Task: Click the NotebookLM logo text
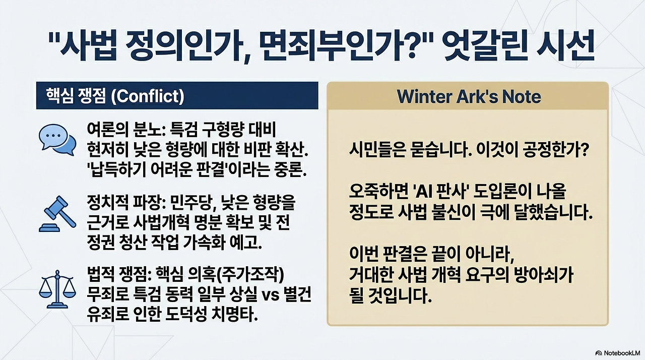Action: click(x=619, y=352)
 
